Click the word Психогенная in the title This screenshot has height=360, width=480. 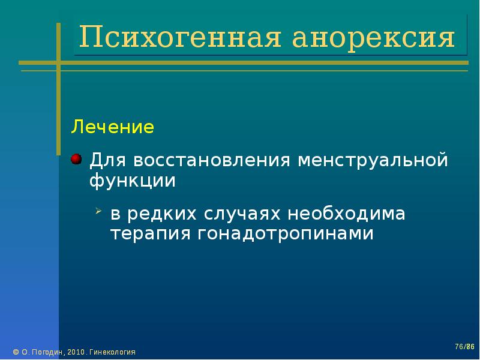[x=180, y=37]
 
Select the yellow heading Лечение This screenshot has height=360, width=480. [x=112, y=127]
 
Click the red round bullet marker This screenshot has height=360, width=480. [x=76, y=159]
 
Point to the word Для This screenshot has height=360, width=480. [x=107, y=160]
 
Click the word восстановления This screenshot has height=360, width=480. [x=212, y=160]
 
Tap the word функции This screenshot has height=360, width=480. [x=133, y=181]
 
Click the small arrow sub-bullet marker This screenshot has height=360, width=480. [x=98, y=211]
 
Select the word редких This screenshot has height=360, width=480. [x=161, y=214]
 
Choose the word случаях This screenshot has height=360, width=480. [x=242, y=214]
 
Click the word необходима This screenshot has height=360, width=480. [x=346, y=213]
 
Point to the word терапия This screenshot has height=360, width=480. [x=150, y=234]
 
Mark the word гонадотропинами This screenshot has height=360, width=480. [x=286, y=234]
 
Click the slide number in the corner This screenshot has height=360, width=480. [x=464, y=347]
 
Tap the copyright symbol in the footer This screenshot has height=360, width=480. [x=16, y=352]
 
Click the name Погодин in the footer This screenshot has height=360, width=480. [x=48, y=352]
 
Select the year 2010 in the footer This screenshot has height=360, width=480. [x=76, y=352]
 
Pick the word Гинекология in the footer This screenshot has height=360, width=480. [x=112, y=352]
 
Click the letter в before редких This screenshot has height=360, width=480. [x=115, y=214]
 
